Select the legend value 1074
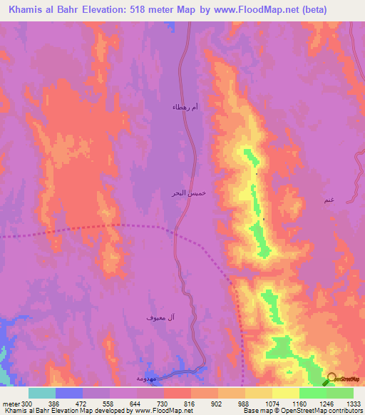[x=272, y=403]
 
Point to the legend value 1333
[x=353, y=403]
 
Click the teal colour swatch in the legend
[x=42, y=393]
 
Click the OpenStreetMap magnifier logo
[x=332, y=379]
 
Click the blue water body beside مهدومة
[x=182, y=372]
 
